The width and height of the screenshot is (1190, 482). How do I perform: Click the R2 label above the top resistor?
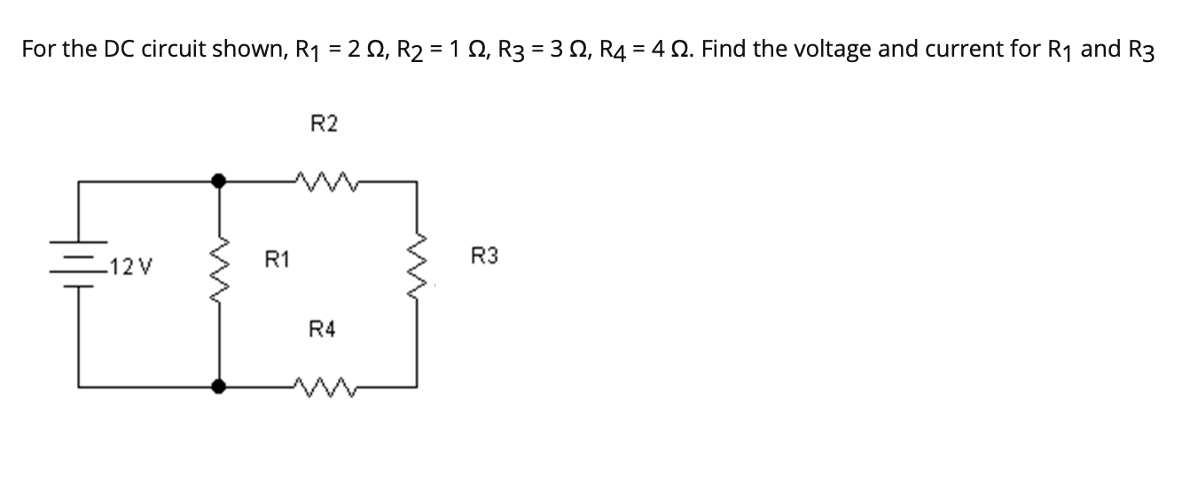click(x=325, y=124)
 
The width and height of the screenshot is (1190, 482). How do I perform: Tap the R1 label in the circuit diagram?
click(x=277, y=260)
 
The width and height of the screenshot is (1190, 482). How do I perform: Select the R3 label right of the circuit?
click(x=485, y=257)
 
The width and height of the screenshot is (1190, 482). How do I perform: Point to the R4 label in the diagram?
click(x=323, y=330)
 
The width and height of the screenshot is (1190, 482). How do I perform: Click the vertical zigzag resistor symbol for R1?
click(x=219, y=266)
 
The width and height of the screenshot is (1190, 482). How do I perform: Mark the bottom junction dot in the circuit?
click(x=219, y=386)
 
